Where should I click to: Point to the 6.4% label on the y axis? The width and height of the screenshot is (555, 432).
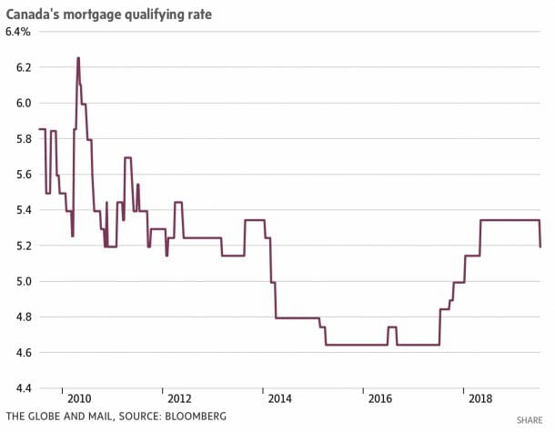18,32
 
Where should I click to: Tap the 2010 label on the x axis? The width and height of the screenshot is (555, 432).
78,398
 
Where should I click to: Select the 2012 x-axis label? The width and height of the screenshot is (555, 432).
178,398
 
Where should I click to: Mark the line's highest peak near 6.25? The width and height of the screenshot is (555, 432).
78,58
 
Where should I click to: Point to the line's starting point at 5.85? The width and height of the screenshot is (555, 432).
39,129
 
